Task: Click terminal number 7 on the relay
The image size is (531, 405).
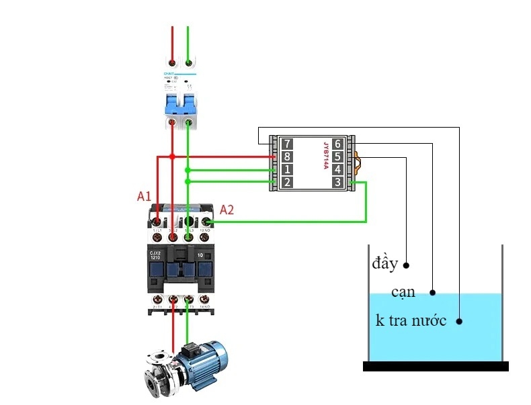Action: click(287, 144)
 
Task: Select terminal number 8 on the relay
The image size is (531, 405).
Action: click(287, 156)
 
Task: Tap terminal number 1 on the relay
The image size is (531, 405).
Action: click(287, 169)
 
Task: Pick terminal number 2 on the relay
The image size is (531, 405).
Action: click(287, 182)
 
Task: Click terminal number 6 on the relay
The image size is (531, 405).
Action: click(337, 144)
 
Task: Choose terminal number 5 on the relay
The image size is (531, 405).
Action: click(337, 156)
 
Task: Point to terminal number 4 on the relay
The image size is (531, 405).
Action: click(337, 169)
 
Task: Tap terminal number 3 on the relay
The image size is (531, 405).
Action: click(337, 182)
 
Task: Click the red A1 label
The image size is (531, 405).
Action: click(144, 197)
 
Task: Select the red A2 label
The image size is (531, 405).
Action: click(227, 210)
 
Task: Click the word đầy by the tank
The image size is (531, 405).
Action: click(385, 263)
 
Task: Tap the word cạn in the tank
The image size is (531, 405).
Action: click(403, 292)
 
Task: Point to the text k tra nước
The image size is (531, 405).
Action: click(411, 320)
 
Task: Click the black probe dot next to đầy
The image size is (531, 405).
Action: click(407, 265)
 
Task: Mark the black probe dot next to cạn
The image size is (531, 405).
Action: click(433, 293)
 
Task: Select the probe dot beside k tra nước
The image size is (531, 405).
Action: click(460, 321)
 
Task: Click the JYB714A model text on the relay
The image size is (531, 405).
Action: click(325, 156)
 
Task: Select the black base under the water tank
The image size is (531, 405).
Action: click(436, 366)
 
